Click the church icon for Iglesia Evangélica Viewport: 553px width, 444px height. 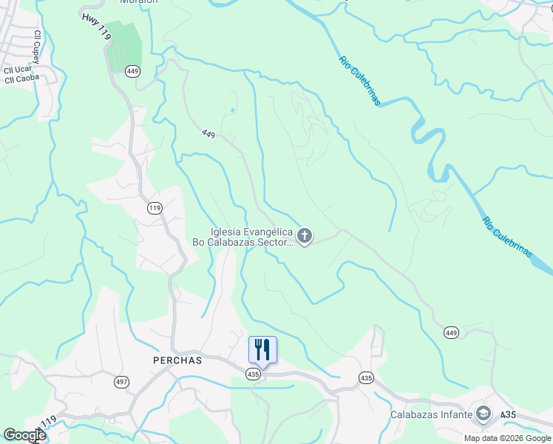click(x=305, y=236)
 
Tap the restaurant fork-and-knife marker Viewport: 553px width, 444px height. click(x=262, y=349)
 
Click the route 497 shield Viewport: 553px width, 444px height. click(x=121, y=382)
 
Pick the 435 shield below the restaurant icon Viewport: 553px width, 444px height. click(x=254, y=375)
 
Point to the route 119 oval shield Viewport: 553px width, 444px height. click(x=155, y=208)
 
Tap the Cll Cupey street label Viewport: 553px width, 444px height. click(x=35, y=46)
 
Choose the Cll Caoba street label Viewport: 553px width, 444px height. click(x=21, y=78)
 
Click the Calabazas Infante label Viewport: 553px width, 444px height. click(x=431, y=414)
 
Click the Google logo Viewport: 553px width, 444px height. click(x=24, y=435)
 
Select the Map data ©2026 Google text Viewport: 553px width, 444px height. click(x=507, y=438)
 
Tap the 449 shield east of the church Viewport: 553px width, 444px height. click(x=451, y=333)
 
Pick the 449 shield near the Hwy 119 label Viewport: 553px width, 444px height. click(x=132, y=71)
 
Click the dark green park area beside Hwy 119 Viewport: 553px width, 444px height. click(x=123, y=48)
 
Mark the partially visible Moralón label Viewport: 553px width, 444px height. click(x=140, y=2)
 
